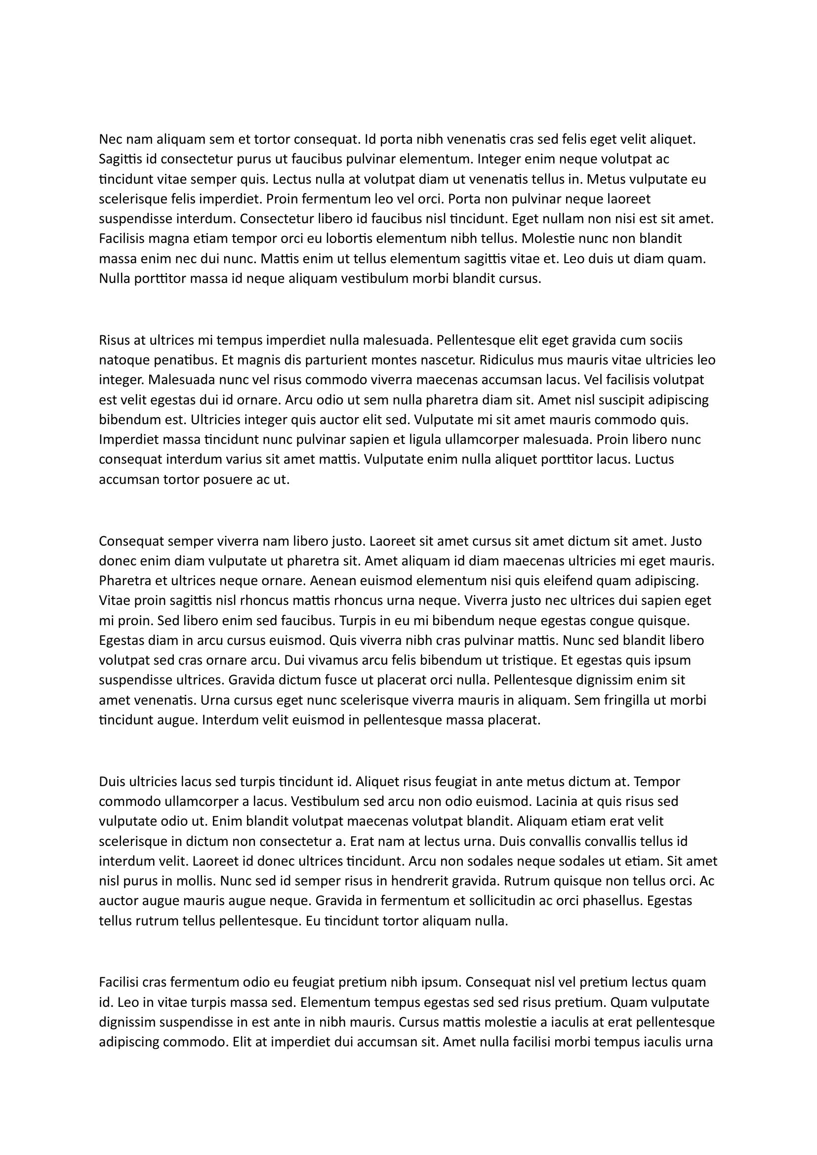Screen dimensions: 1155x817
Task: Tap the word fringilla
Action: coord(624,700)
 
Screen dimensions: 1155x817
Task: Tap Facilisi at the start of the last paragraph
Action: coord(119,983)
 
